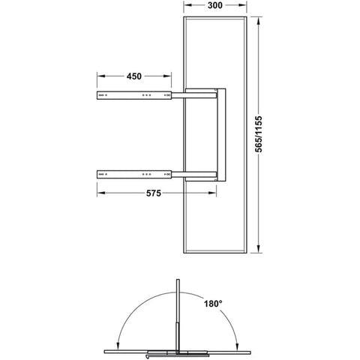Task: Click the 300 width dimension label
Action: [x=215, y=5]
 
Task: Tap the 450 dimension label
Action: [x=134, y=76]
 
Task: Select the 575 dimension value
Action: [x=154, y=193]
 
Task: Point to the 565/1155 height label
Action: [x=259, y=134]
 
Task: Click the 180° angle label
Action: [x=213, y=304]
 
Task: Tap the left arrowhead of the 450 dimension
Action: [x=100, y=76]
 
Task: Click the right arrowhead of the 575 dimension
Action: [x=213, y=193]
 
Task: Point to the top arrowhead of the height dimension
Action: [x=259, y=20]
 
